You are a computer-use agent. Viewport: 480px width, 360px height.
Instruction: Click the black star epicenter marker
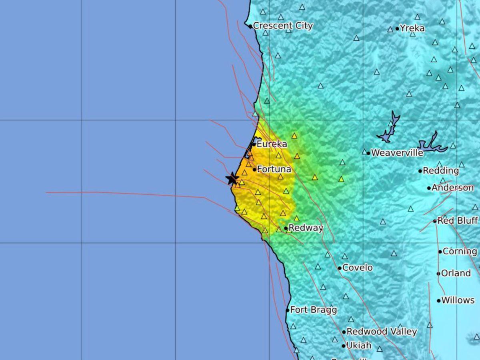pyautogui.click(x=232, y=178)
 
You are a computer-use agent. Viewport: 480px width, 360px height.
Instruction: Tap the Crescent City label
pyautogui.click(x=283, y=26)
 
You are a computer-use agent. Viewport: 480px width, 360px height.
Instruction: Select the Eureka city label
pyautogui.click(x=272, y=144)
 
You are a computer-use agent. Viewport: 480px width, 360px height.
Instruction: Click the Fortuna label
pyautogui.click(x=274, y=169)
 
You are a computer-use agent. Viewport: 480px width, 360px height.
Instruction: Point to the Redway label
pyautogui.click(x=306, y=228)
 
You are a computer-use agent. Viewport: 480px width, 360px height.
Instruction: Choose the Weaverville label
pyautogui.click(x=397, y=153)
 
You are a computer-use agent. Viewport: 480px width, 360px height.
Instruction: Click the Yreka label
pyautogui.click(x=412, y=28)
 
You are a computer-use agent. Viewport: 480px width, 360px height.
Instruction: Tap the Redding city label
pyautogui.click(x=441, y=171)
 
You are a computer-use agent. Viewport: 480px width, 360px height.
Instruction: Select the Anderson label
pyautogui.click(x=452, y=188)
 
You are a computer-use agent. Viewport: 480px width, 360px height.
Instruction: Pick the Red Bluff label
pyautogui.click(x=458, y=220)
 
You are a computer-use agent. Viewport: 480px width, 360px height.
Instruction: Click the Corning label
pyautogui.click(x=460, y=252)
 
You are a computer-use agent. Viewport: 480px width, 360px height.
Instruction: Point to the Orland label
pyautogui.click(x=456, y=273)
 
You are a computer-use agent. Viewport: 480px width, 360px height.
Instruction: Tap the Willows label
pyautogui.click(x=458, y=300)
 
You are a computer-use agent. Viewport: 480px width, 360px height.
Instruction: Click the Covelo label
pyautogui.click(x=358, y=268)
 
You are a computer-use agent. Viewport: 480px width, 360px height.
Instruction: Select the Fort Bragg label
pyautogui.click(x=313, y=310)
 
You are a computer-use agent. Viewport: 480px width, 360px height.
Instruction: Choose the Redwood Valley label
pyautogui.click(x=382, y=332)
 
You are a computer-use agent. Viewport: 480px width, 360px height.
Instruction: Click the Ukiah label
pyautogui.click(x=359, y=346)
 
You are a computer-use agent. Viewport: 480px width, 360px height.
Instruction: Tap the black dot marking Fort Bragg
pyautogui.click(x=288, y=310)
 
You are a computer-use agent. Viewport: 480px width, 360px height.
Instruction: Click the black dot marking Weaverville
pyautogui.click(x=368, y=153)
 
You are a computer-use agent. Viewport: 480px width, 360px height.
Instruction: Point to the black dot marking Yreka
pyautogui.click(x=397, y=29)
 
